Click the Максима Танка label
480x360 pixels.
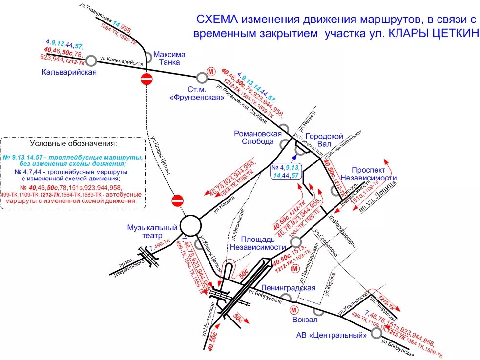[169, 58]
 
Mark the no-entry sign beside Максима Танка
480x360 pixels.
[146, 79]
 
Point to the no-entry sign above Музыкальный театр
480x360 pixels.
[177, 200]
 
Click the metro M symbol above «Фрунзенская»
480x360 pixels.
[211, 71]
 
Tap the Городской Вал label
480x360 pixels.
[325, 140]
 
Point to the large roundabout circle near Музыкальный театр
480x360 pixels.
[190, 226]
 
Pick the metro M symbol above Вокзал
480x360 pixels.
[294, 309]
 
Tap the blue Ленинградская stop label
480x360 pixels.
[288, 288]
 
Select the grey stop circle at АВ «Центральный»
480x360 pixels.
[376, 333]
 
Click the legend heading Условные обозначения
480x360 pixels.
[74, 144]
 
